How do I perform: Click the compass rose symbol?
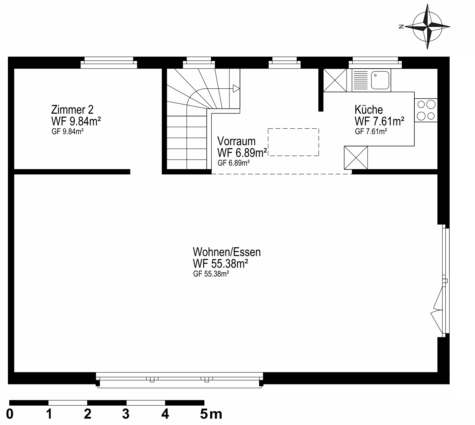[x=427, y=26]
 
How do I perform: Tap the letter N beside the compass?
[x=401, y=27]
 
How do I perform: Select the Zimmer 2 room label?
[x=72, y=109]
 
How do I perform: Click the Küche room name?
[x=369, y=109]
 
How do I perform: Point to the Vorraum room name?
[x=236, y=141]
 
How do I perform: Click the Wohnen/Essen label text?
[x=227, y=252]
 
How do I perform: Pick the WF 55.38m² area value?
[x=221, y=264]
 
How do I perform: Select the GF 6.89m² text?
[x=233, y=163]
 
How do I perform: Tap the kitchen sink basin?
[x=380, y=80]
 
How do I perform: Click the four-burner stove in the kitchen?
[x=426, y=110]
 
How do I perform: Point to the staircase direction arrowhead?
[x=236, y=89]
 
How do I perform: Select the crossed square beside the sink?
[x=335, y=80]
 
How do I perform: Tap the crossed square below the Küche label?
[x=356, y=158]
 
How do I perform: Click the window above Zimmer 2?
[x=109, y=63]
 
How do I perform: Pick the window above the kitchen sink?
[x=375, y=63]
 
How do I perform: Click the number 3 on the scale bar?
[x=126, y=414]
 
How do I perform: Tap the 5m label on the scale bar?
[x=211, y=414]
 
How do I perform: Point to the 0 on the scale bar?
[x=10, y=414]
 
